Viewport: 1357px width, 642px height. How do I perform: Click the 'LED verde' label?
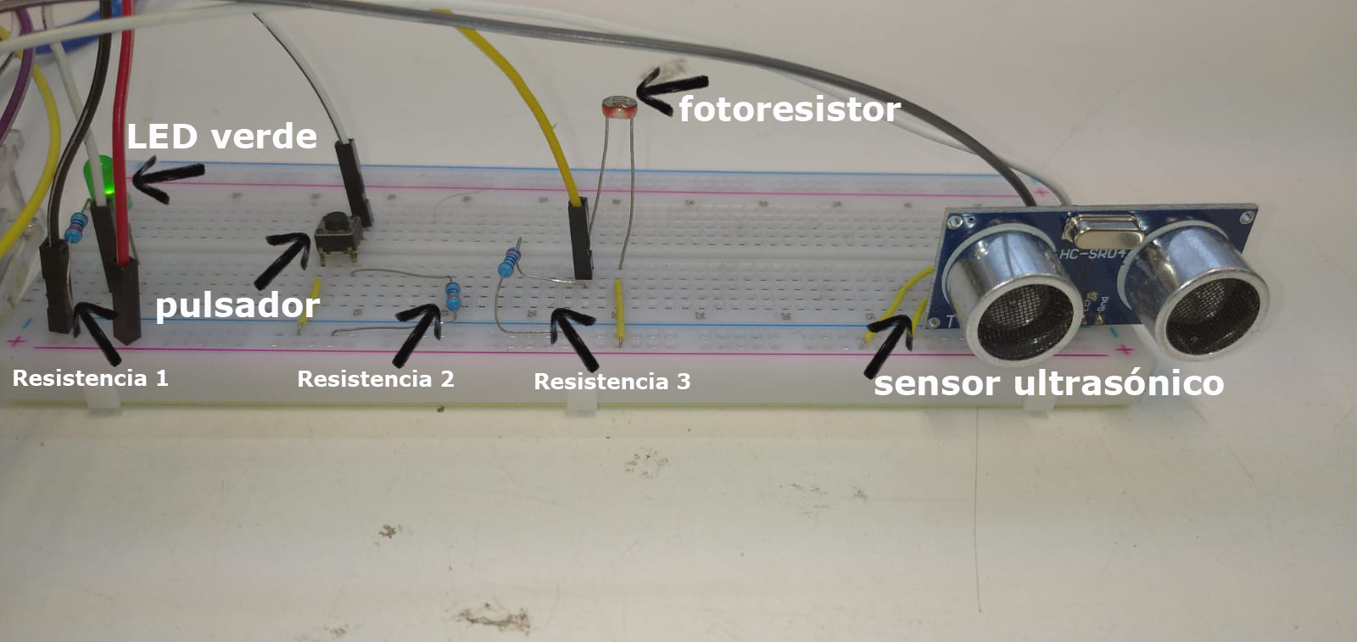pyautogui.click(x=222, y=136)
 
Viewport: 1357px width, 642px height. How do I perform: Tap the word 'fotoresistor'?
pyautogui.click(x=789, y=109)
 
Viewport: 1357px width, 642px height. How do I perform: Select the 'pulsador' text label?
pyautogui.click(x=237, y=305)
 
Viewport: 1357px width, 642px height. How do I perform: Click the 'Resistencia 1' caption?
pyautogui.click(x=91, y=378)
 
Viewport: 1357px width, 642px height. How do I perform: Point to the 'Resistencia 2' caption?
pyautogui.click(x=376, y=379)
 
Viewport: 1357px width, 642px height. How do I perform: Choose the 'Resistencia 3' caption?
pyautogui.click(x=611, y=382)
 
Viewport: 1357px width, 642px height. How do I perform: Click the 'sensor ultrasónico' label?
pyautogui.click(x=1049, y=383)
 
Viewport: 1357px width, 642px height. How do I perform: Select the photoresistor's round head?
pyautogui.click(x=617, y=107)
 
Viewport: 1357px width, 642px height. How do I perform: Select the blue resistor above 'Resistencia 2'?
pyautogui.click(x=454, y=296)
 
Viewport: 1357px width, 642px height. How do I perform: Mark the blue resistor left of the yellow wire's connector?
pyautogui.click(x=510, y=260)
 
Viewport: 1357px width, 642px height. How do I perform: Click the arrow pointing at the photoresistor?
pyautogui.click(x=670, y=87)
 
